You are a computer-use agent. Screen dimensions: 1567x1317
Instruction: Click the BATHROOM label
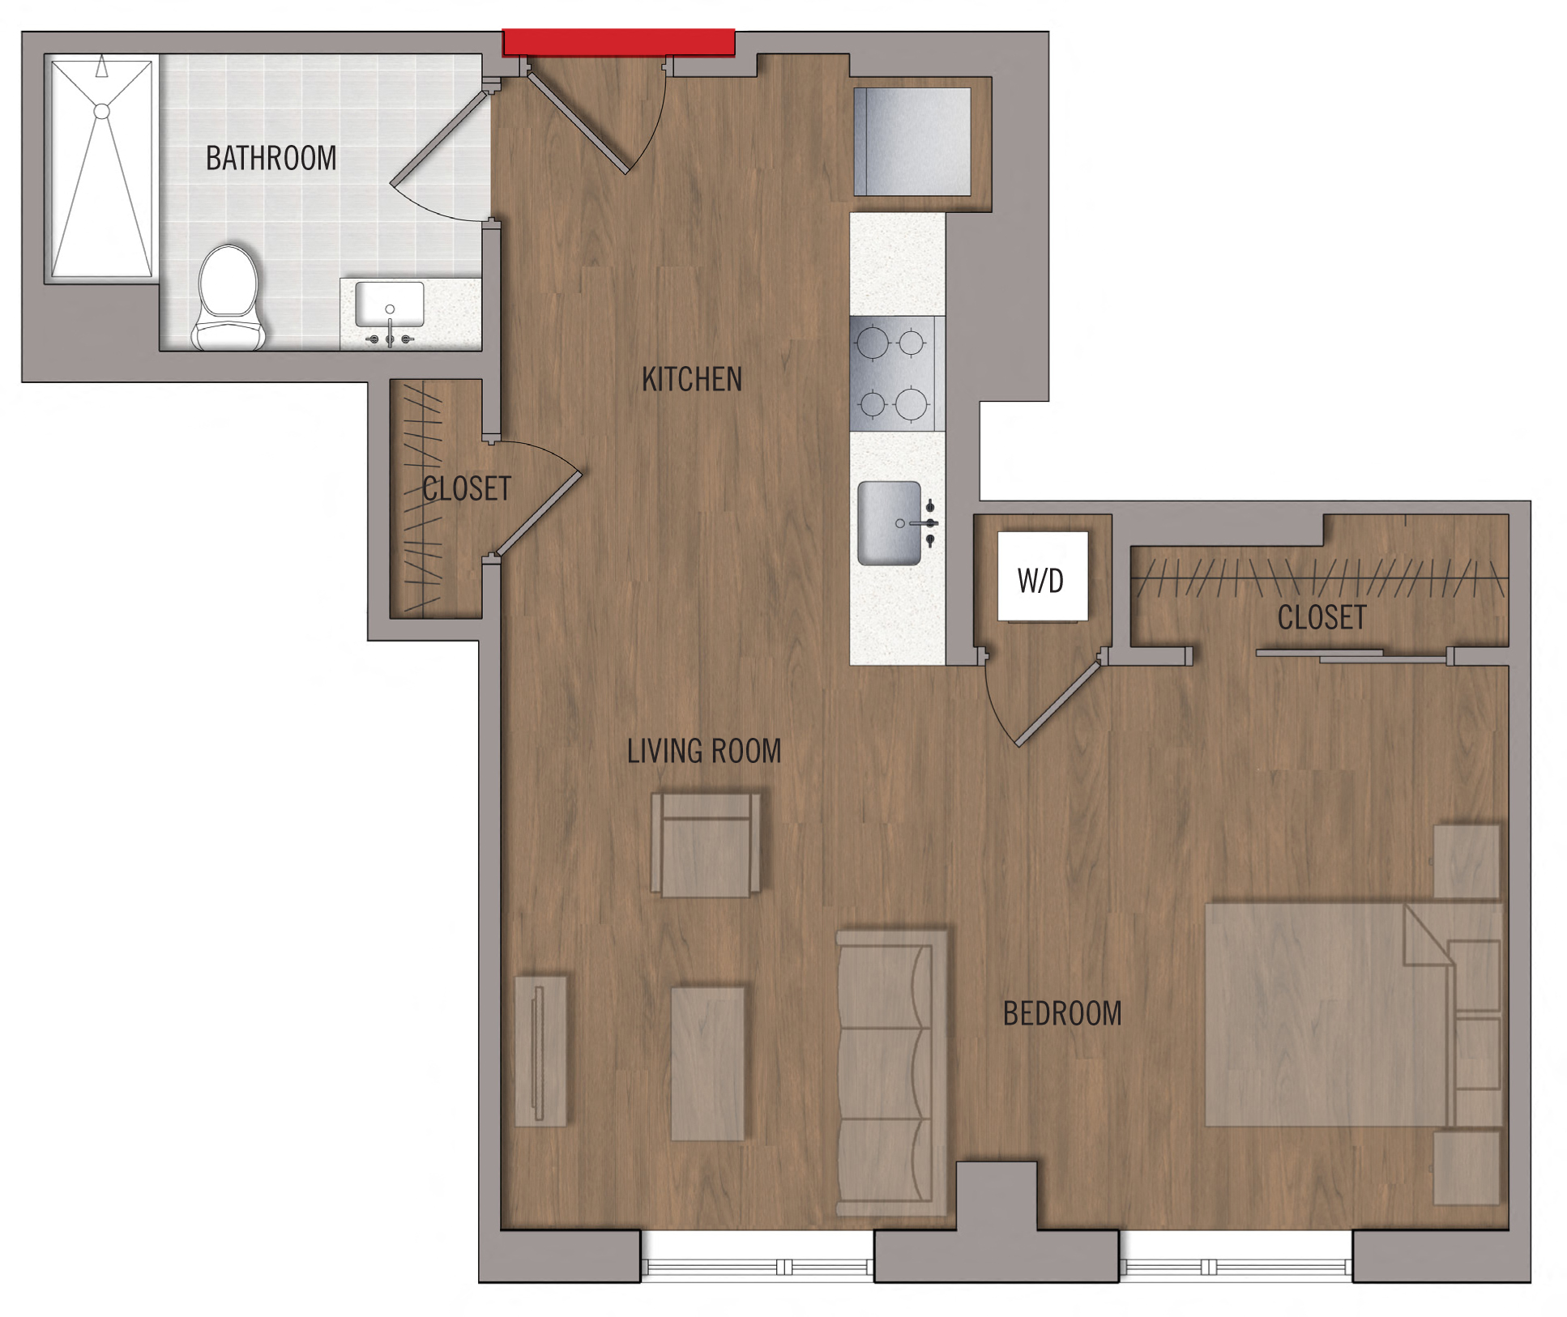pyautogui.click(x=271, y=158)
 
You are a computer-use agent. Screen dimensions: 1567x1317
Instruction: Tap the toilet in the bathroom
pyautogui.click(x=228, y=298)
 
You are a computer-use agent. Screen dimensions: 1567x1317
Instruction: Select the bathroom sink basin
pyautogui.click(x=390, y=303)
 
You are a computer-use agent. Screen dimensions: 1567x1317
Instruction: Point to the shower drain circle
pyautogui.click(x=102, y=111)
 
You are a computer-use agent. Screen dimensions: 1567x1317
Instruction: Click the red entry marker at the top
pyautogui.click(x=619, y=42)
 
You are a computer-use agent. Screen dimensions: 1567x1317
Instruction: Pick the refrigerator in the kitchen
pyautogui.click(x=912, y=142)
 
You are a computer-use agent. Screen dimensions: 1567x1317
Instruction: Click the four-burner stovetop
pyautogui.click(x=892, y=373)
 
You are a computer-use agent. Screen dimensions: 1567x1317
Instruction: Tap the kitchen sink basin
pyautogui.click(x=890, y=523)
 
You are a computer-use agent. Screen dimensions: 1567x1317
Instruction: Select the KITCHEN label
pyautogui.click(x=692, y=379)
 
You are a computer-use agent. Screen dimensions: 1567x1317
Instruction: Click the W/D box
pyautogui.click(x=1042, y=576)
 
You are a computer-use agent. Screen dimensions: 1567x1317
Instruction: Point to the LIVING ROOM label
pyautogui.click(x=704, y=751)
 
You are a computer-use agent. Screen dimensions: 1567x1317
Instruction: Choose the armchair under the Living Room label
pyautogui.click(x=706, y=844)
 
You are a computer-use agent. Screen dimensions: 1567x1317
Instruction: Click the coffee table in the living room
pyautogui.click(x=708, y=1063)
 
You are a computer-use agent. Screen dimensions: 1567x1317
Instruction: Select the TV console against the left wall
pyautogui.click(x=541, y=1051)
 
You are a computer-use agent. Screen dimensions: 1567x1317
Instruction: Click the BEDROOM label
pyautogui.click(x=1062, y=1013)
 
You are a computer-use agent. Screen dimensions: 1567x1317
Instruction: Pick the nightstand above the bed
pyautogui.click(x=1467, y=862)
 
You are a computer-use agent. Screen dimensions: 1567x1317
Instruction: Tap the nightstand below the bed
pyautogui.click(x=1467, y=1168)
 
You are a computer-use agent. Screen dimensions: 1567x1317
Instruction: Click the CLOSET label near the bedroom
pyautogui.click(x=1321, y=617)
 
